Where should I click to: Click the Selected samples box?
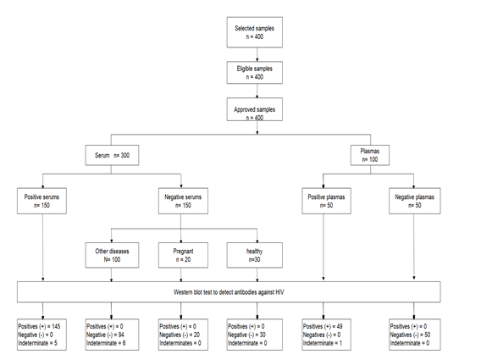(x=255, y=32)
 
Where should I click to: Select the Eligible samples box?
(x=255, y=73)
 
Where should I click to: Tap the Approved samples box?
(x=255, y=109)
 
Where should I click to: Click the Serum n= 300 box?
(x=112, y=155)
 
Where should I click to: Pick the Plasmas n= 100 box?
(x=370, y=155)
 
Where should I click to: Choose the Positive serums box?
(x=41, y=201)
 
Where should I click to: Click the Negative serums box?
(x=183, y=201)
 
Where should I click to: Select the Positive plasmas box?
(x=326, y=201)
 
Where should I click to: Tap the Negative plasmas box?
(x=415, y=201)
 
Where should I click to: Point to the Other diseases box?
(x=112, y=255)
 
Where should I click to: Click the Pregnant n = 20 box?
(x=183, y=255)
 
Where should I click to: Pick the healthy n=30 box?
(x=255, y=255)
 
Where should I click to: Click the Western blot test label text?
(x=229, y=292)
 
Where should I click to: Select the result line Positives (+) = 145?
(x=39, y=326)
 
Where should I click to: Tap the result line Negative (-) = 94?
(x=105, y=335)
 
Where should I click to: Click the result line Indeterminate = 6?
(x=106, y=343)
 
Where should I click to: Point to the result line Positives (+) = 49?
(x=323, y=326)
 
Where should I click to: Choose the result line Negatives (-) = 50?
(x=410, y=335)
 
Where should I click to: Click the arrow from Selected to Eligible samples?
(x=257, y=54)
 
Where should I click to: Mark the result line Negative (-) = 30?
(x=246, y=335)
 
